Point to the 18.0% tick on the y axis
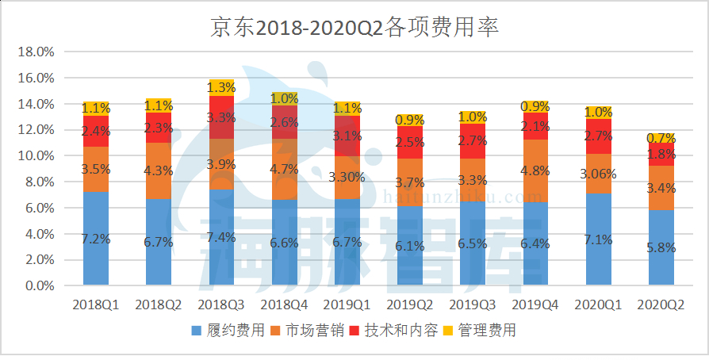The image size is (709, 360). (x=35, y=52)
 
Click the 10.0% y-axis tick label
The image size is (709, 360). (x=35, y=156)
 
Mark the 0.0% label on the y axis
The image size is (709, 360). (x=38, y=285)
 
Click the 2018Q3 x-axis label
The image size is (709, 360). (x=221, y=304)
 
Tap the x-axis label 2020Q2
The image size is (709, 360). (x=662, y=304)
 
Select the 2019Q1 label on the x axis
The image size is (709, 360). (x=347, y=304)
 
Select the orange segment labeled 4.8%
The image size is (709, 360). (x=536, y=170)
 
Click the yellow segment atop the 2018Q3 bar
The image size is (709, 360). (x=221, y=87)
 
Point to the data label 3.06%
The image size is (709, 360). (x=599, y=174)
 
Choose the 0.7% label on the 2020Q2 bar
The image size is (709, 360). (x=662, y=138)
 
